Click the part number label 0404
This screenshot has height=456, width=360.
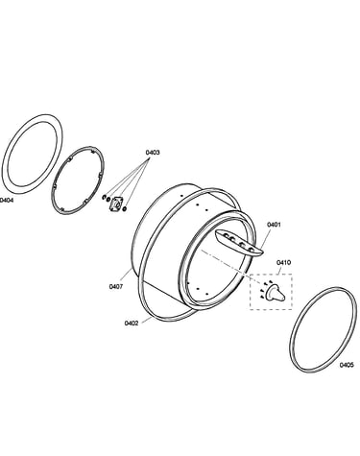point(7,201)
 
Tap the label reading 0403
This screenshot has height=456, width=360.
point(153,153)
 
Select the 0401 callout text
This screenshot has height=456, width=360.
point(274,225)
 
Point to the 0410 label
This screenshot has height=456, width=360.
point(283,263)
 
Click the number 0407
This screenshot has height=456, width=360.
point(116,287)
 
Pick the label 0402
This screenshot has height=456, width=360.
point(132,324)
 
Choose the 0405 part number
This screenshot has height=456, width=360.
point(347,365)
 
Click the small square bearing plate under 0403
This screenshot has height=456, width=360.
point(115,204)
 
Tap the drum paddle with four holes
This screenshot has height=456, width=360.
point(239,243)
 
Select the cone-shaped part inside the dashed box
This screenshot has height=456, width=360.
point(276,293)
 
